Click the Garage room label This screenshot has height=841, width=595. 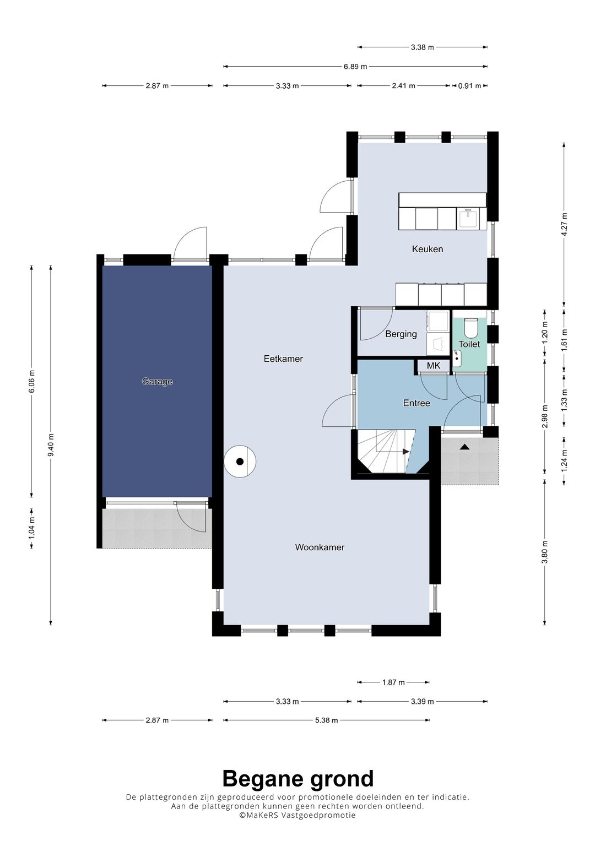[157, 382]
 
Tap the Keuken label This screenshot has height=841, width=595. [428, 249]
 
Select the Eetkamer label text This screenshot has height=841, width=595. [283, 359]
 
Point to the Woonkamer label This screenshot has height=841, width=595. [320, 547]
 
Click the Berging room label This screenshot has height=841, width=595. [401, 334]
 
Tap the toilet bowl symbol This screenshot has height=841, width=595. [470, 328]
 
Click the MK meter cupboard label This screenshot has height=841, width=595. [434, 365]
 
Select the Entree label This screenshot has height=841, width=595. [416, 403]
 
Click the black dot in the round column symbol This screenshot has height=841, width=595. [240, 462]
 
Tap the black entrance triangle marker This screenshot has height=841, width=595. [465, 447]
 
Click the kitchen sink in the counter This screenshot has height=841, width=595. [467, 219]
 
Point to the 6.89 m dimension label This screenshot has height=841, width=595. [355, 67]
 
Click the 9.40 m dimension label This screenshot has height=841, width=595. [51, 445]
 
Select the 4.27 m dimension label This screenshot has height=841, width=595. [564, 225]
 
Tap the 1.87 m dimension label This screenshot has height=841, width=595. [393, 682]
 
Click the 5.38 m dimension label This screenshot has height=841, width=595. [326, 720]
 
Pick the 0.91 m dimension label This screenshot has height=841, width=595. [469, 85]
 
